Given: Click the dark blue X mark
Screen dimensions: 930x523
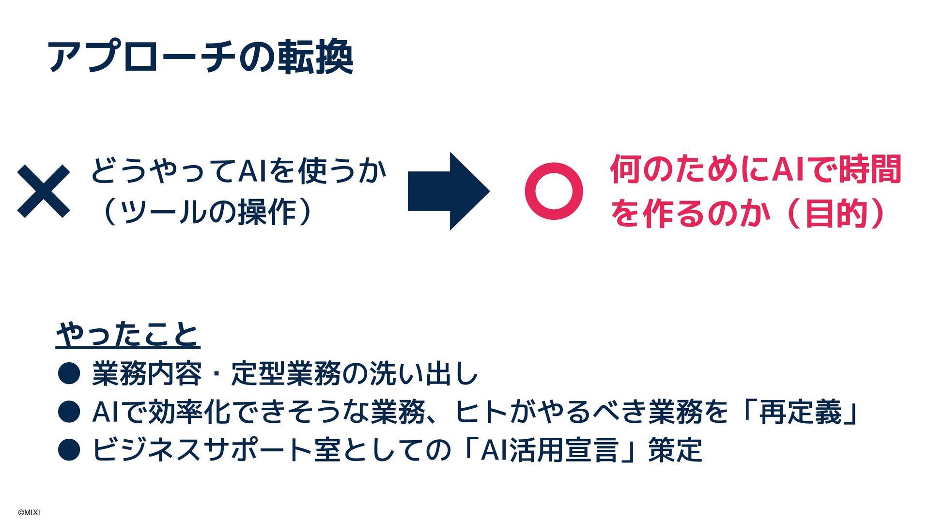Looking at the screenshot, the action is [x=44, y=191].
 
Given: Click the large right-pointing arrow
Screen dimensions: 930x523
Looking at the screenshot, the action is [x=448, y=191].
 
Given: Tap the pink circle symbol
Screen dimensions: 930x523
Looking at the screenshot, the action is [x=554, y=191].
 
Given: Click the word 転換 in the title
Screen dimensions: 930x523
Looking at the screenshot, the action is [x=315, y=58].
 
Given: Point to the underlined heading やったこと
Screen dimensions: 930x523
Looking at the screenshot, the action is [x=128, y=334].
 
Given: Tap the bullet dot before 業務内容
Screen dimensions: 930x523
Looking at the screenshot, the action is [x=69, y=374].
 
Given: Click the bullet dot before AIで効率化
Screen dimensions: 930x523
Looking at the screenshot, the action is [x=69, y=412].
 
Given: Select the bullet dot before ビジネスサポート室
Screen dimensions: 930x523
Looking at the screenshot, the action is [x=69, y=450].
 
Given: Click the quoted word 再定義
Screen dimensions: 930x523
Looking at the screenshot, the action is [x=800, y=412].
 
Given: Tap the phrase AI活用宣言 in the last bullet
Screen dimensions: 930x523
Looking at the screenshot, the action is [x=549, y=450].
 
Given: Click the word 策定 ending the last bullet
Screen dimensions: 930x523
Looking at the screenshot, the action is [x=675, y=450].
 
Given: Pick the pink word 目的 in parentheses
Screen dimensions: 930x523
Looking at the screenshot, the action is [x=836, y=214].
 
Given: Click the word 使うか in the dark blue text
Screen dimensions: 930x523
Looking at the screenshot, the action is [x=342, y=170].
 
